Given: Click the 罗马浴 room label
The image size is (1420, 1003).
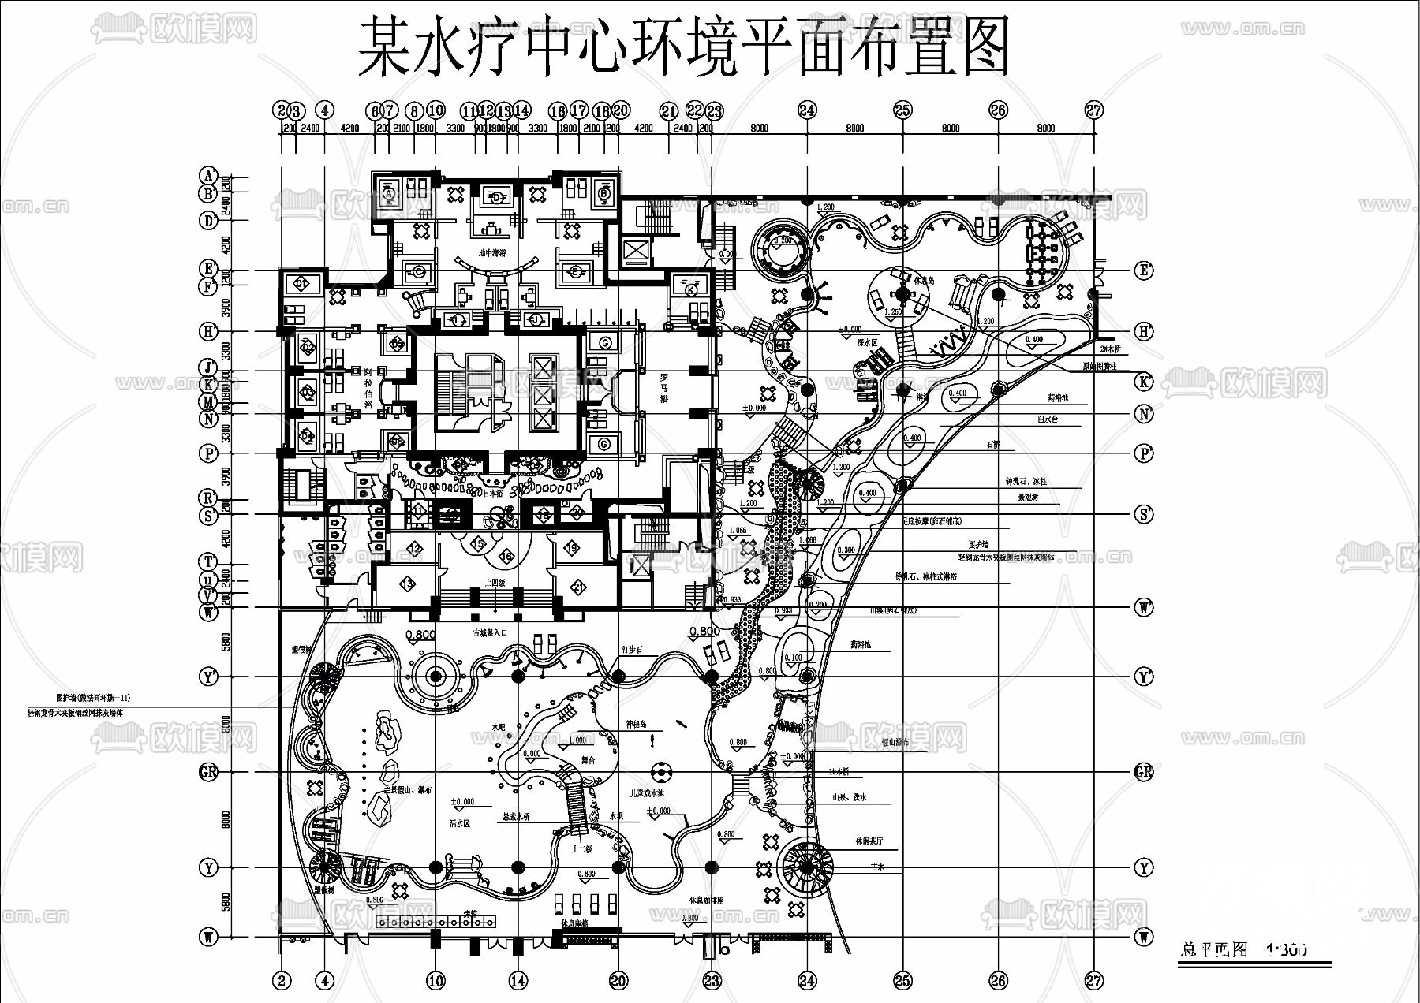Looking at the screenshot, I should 664,388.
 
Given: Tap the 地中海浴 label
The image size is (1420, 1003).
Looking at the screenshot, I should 491,253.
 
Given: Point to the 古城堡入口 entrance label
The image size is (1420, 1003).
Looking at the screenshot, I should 490,632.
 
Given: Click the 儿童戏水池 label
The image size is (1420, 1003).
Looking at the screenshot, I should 647,793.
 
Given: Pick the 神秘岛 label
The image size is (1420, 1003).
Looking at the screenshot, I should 636,724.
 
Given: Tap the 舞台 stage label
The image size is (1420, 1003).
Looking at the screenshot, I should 588,760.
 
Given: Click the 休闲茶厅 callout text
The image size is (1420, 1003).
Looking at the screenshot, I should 869,841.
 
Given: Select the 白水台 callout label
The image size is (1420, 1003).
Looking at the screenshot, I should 1048,420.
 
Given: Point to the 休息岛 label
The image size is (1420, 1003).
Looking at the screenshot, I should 925,280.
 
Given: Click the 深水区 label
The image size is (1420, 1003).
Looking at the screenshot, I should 868,343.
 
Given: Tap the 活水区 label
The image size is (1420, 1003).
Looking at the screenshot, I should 459,823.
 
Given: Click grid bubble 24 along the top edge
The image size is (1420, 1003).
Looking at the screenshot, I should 807,110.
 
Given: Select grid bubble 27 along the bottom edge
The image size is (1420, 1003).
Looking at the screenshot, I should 1093,981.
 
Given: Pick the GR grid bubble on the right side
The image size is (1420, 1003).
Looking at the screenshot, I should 1144,772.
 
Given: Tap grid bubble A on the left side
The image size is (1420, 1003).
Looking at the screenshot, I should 208,175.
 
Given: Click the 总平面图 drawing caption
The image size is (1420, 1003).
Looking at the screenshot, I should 1214,949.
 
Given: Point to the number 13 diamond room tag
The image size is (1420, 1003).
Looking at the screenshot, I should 407,584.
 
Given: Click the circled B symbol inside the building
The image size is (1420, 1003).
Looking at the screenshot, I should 604,192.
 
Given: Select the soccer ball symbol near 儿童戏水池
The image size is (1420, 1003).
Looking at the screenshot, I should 660,770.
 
